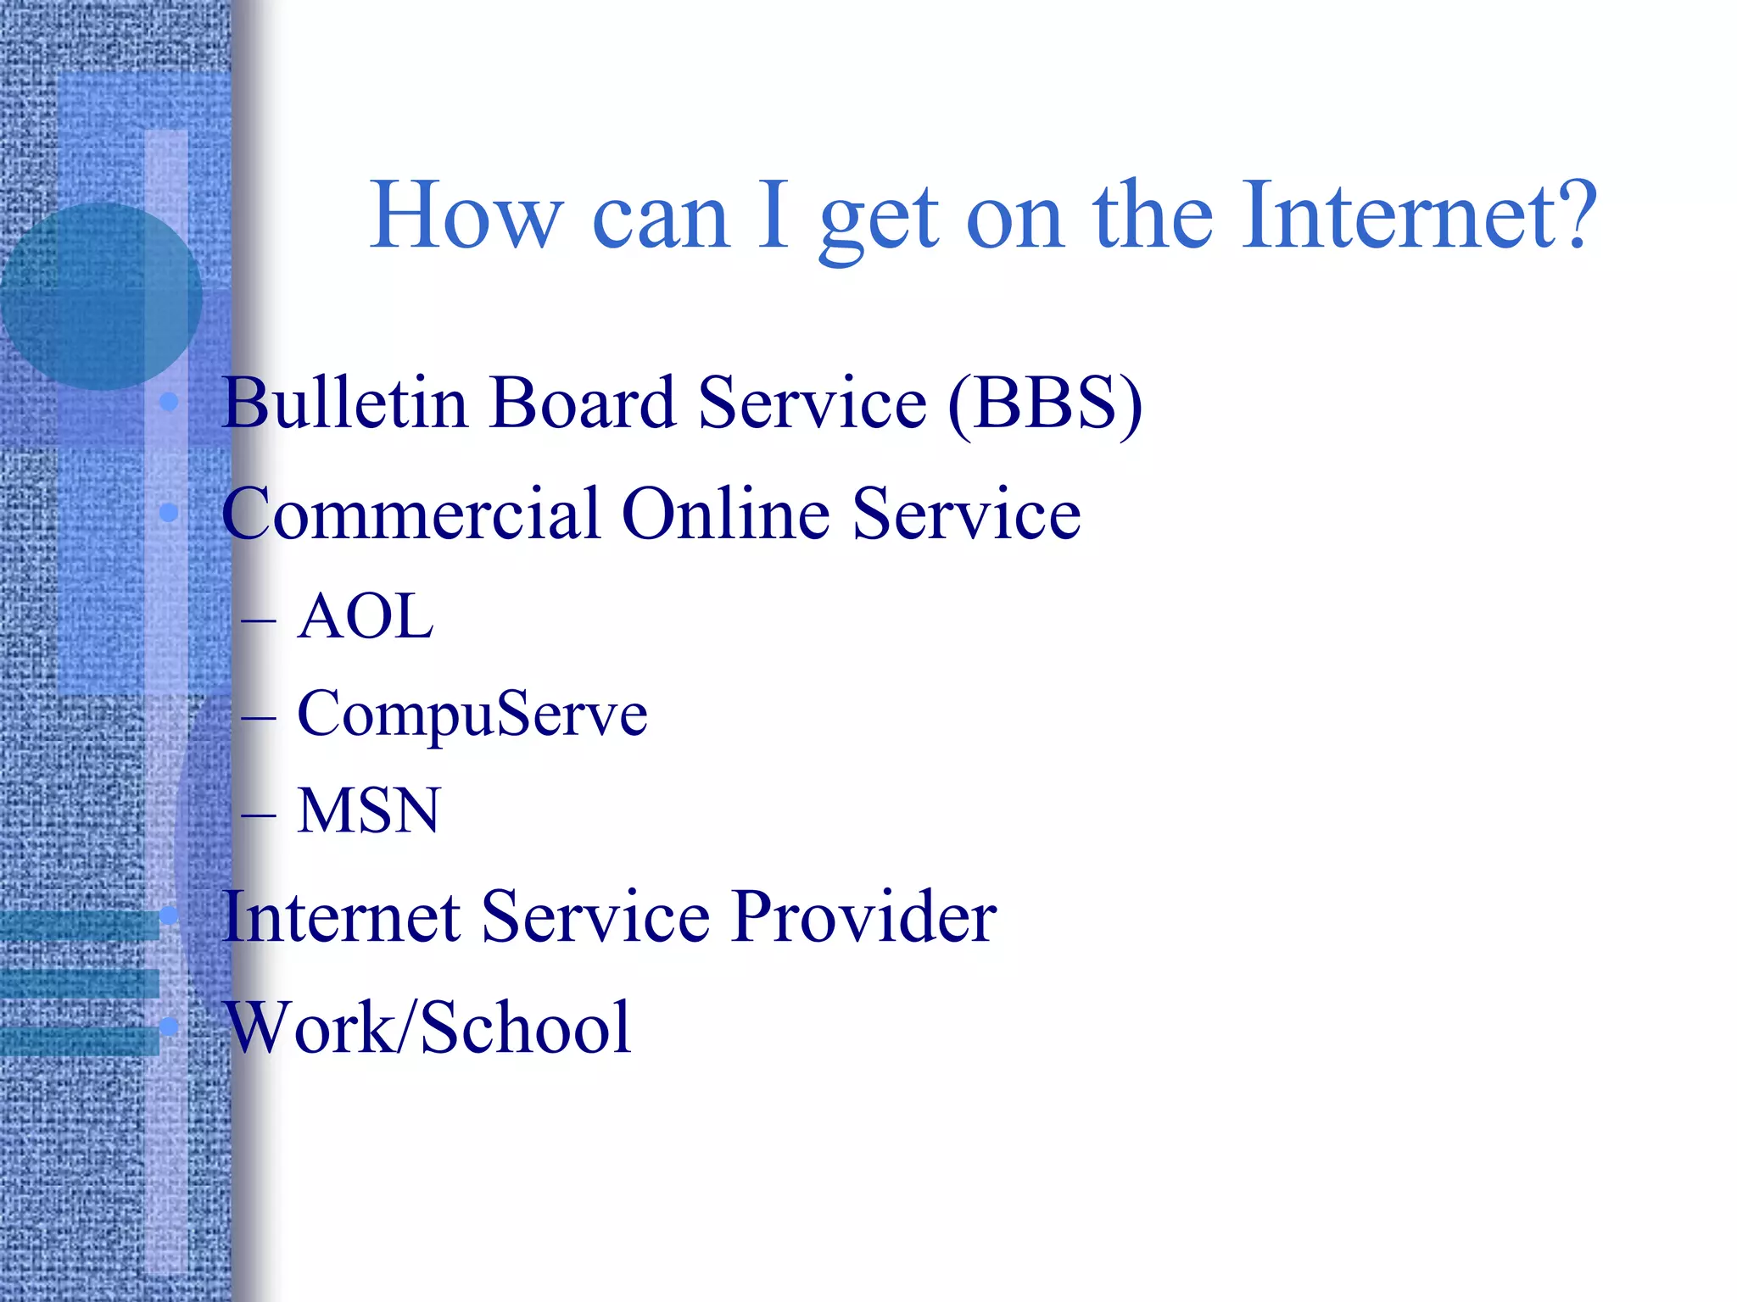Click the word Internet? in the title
click(1418, 216)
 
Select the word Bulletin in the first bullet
click(344, 403)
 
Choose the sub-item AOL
click(366, 616)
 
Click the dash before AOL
click(258, 621)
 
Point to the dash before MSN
click(258, 816)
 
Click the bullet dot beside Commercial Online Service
click(169, 513)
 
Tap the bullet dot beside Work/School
click(169, 1027)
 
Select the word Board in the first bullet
click(584, 403)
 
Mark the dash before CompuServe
click(258, 719)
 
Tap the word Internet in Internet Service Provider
click(341, 917)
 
